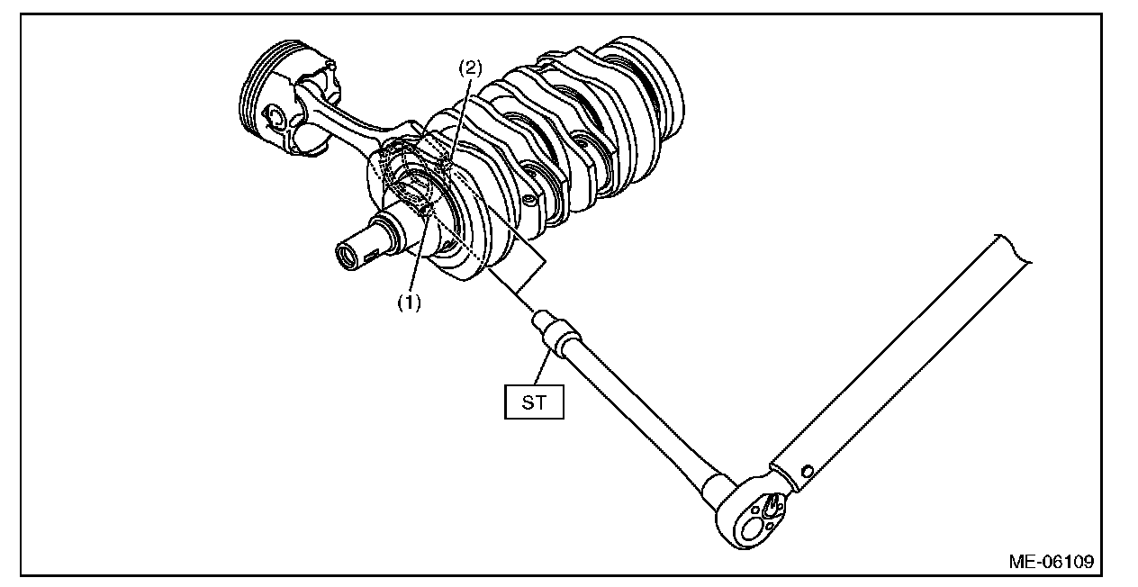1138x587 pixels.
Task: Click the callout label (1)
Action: click(410, 303)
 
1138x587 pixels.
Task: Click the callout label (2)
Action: click(471, 68)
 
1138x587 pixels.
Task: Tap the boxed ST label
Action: click(534, 402)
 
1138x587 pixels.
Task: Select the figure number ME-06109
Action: click(1051, 562)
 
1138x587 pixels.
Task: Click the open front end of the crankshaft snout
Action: click(348, 257)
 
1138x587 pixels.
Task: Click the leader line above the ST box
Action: click(542, 369)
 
